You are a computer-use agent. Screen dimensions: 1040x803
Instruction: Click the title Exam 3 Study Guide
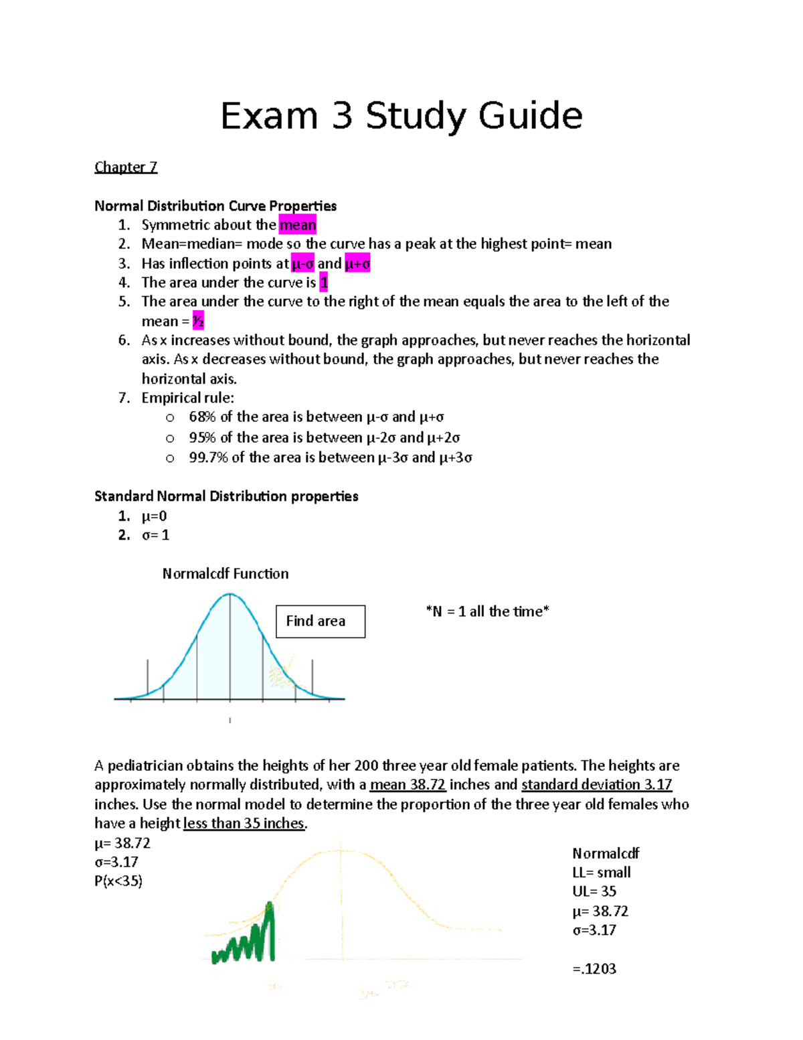401,116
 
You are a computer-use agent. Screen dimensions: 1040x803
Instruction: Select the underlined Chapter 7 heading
126,167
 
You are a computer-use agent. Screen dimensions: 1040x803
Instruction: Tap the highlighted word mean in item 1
298,225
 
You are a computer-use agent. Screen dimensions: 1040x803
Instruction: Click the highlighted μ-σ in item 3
303,264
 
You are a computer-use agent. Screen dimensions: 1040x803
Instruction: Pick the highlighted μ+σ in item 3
357,264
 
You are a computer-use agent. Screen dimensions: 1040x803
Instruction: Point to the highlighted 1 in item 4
324,283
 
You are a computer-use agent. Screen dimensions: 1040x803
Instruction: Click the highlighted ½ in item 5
198,321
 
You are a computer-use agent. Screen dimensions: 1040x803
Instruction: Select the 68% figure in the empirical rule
202,417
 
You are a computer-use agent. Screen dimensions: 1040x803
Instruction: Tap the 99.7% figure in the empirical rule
207,458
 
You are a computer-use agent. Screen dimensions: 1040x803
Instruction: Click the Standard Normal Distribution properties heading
226,496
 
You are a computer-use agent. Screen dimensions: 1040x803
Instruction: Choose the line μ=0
154,516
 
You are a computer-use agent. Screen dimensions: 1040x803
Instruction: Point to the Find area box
321,621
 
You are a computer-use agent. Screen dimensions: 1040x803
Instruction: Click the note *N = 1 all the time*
487,611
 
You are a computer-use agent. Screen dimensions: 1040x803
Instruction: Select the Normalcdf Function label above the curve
226,574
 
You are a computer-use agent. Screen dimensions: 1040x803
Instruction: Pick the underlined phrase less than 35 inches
244,824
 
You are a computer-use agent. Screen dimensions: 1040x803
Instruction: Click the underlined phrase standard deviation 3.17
596,785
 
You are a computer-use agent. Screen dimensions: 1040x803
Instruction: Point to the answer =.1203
594,969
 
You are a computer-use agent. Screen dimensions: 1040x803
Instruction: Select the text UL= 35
594,892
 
